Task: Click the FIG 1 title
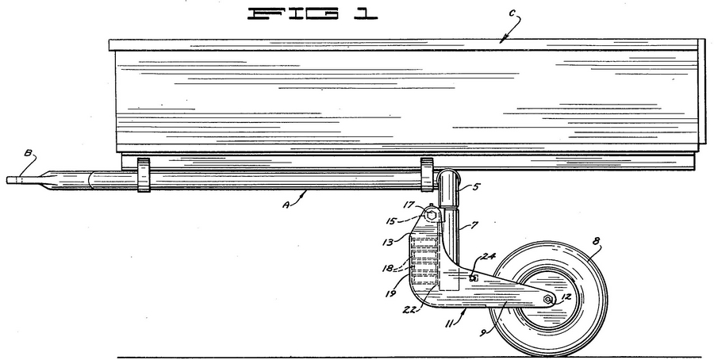313,13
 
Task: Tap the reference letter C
512,13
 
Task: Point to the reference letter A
286,205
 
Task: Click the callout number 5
475,187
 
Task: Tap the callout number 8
596,242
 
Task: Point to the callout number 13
387,242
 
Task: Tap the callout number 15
391,222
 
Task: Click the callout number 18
388,269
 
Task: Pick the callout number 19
390,293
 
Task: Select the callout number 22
409,309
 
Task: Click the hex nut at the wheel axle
549,299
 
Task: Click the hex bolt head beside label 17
431,216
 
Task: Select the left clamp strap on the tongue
144,175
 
